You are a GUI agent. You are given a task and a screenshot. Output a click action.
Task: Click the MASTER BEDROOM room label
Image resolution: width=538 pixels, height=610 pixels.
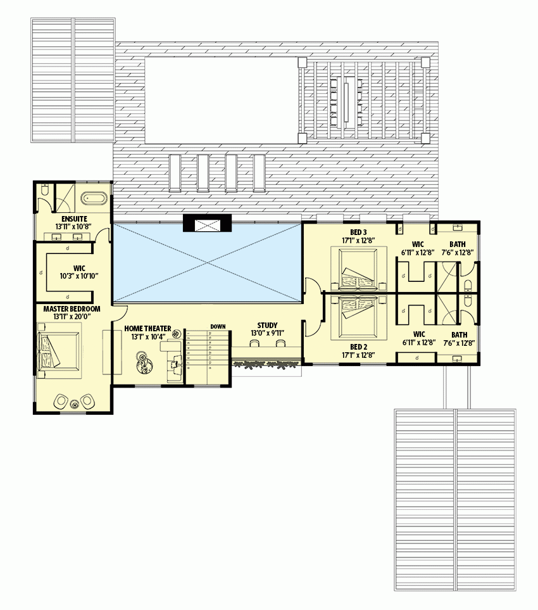point(72,308)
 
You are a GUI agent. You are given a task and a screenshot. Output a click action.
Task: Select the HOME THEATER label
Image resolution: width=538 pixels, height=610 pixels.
point(147,328)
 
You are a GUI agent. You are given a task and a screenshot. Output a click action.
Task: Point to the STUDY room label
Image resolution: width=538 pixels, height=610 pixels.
point(267,326)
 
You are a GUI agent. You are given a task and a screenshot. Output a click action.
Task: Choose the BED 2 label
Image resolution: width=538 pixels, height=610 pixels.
point(359,346)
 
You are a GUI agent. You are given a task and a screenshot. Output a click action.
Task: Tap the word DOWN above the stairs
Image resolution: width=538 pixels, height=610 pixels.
point(218,326)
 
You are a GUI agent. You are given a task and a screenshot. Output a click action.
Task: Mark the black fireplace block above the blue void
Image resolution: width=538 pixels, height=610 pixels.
point(208,223)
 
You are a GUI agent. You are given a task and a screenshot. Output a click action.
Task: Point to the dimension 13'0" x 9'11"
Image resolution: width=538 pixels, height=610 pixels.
point(267,333)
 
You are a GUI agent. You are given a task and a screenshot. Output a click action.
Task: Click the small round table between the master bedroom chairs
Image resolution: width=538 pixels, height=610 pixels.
point(75,402)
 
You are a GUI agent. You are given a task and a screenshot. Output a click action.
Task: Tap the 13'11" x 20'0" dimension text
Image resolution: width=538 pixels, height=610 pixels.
point(72,316)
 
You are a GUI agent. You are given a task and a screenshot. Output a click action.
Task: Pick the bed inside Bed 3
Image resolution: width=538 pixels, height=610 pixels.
point(359,269)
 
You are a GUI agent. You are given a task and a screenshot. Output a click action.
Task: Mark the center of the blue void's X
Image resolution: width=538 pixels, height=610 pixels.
point(206,263)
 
